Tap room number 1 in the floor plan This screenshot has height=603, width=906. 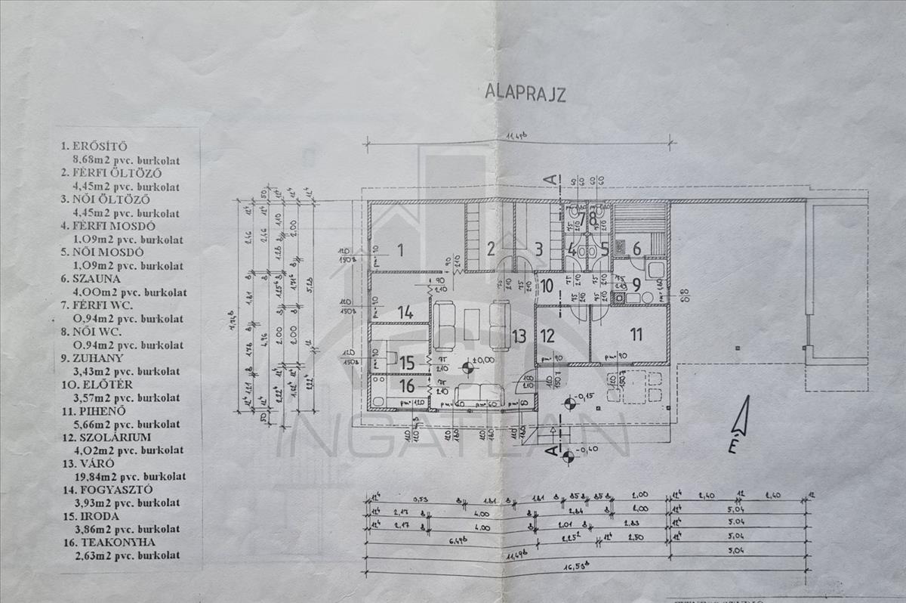pos(401,250)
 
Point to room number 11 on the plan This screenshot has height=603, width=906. pos(636,333)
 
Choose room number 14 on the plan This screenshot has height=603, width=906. pos(406,311)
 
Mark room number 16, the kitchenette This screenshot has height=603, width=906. pos(407,386)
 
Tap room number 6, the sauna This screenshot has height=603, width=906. pos(636,249)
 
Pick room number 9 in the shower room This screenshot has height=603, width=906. pos(636,286)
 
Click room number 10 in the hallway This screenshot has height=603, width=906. pos(547,286)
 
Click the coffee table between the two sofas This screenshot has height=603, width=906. pos(473,317)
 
